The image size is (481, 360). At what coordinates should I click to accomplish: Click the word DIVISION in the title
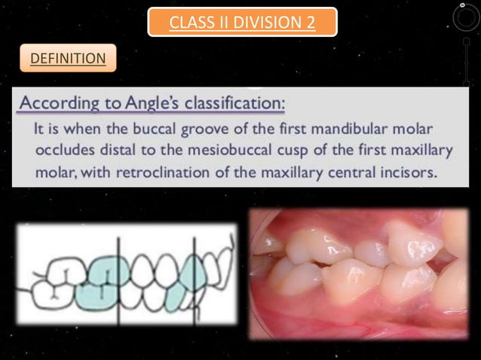click(x=256, y=22)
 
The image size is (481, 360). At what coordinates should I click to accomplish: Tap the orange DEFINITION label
click(x=67, y=57)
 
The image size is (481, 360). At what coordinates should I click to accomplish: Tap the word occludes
click(x=67, y=150)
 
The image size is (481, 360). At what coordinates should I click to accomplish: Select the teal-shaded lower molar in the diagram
click(x=94, y=295)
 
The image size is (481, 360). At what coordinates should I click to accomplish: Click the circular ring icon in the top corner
click(x=461, y=17)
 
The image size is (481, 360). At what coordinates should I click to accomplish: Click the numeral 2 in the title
click(x=309, y=22)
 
